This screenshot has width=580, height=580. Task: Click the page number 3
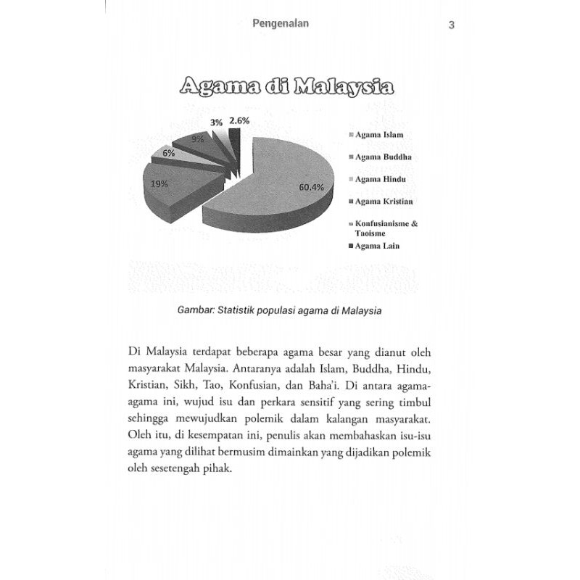451,25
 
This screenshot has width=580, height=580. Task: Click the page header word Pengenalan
281,23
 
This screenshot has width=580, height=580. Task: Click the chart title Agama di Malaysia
286,88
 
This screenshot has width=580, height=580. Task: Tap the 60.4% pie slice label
312,188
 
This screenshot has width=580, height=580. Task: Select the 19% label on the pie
159,184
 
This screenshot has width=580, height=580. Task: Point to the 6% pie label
168,153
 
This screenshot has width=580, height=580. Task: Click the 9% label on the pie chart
197,138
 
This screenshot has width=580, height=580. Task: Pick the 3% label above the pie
216,123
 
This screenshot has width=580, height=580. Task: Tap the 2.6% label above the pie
239,121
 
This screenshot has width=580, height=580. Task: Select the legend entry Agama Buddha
383,157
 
